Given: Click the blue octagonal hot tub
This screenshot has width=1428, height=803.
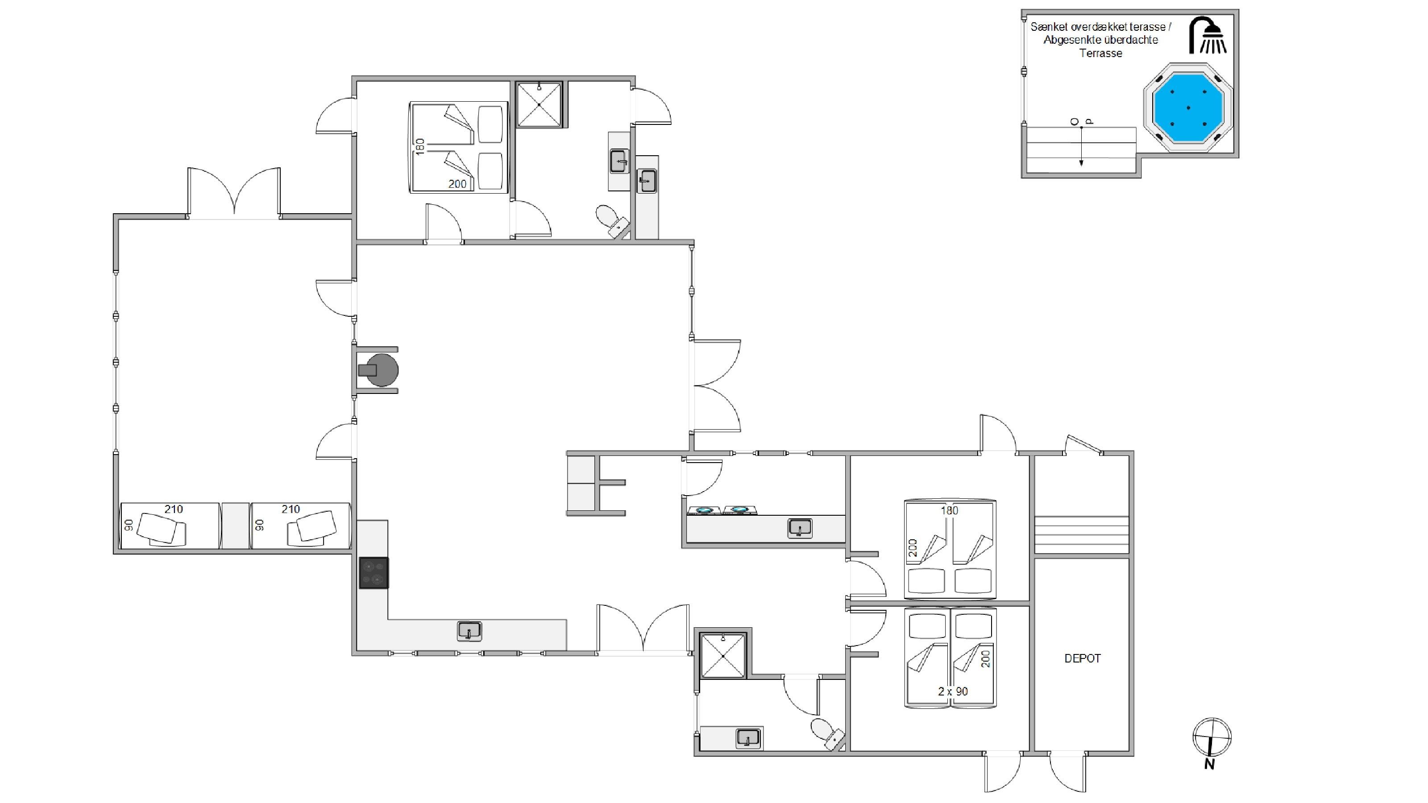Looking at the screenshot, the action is click(x=1188, y=108).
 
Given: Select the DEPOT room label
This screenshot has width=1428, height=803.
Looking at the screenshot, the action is click(x=1082, y=658).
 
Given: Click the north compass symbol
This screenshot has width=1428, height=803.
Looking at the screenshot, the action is click(x=1212, y=741).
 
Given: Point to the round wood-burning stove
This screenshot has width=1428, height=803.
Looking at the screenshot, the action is click(x=379, y=370).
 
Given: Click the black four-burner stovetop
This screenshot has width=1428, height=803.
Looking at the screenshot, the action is click(x=374, y=572).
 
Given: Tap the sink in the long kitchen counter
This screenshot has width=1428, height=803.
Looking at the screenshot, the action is click(x=469, y=631).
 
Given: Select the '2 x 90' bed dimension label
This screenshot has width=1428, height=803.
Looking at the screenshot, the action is click(x=953, y=691).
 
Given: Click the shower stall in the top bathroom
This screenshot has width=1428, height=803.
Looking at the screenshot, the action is click(x=539, y=104).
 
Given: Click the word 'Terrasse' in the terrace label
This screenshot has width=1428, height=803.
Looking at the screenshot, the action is click(x=1100, y=54).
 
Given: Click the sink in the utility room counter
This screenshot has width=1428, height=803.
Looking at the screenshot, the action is click(x=800, y=528).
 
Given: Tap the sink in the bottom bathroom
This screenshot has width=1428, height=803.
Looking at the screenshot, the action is click(x=748, y=739).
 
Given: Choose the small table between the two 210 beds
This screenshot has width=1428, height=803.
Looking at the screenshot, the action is click(x=235, y=526).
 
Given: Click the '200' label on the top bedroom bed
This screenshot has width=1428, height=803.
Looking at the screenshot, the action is click(x=457, y=184).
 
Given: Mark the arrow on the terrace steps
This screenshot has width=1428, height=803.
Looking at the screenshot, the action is click(x=1081, y=146).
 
